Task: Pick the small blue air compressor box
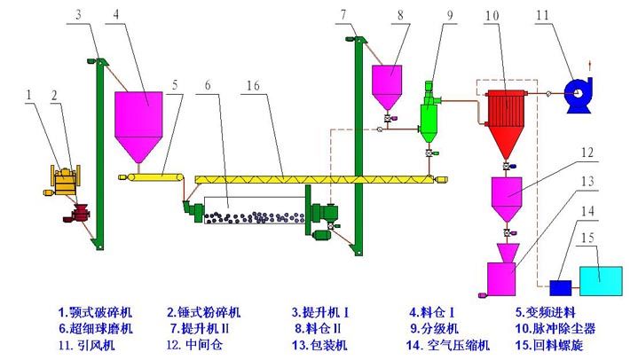(561, 287)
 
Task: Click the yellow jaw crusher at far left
(63, 182)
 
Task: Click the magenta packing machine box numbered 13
(503, 278)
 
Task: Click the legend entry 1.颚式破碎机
(94, 312)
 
